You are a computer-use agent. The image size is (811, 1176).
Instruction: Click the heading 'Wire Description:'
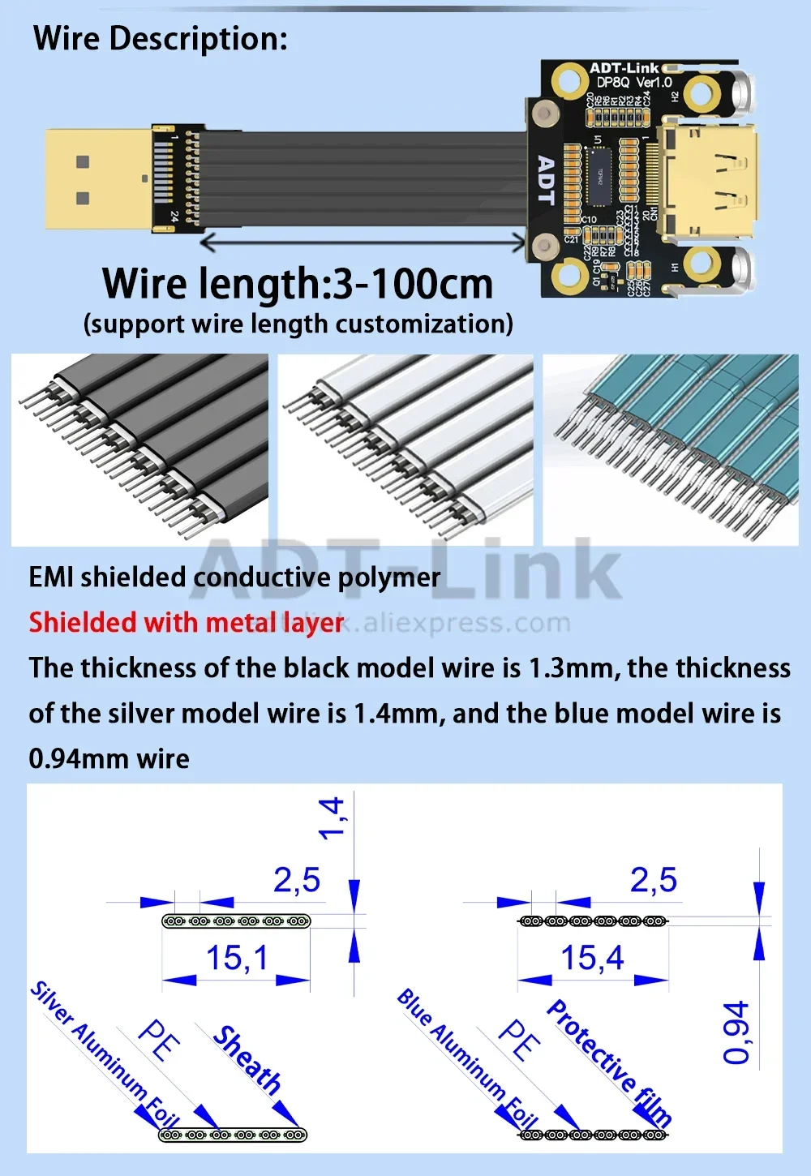pos(161,39)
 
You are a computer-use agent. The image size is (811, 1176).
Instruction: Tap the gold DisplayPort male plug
pos(97,178)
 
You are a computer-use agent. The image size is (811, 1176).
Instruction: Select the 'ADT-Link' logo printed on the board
pos(624,68)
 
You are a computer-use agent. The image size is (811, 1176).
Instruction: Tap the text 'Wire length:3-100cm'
pos(298,284)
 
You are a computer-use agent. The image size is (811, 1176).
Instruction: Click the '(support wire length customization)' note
pos(298,324)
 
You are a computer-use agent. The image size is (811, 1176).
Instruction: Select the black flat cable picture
pos(139,449)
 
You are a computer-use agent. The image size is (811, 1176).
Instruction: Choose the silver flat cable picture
pos(405,449)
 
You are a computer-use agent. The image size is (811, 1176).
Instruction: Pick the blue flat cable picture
pos(671,449)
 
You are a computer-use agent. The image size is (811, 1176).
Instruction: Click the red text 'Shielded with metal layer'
pos(187,623)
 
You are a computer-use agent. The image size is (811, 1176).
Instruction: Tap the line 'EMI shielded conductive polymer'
pos(234,577)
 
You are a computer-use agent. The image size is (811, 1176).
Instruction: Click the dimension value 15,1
pos(236,958)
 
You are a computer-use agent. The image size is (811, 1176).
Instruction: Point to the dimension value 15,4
pos(592,958)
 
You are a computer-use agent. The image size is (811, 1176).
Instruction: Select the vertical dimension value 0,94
pos(736,1032)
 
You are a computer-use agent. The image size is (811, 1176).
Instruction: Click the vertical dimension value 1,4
pos(331,818)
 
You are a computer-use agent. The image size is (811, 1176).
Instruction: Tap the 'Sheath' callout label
pos(247,1059)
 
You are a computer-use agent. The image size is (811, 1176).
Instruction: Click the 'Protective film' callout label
pos(608,1062)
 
